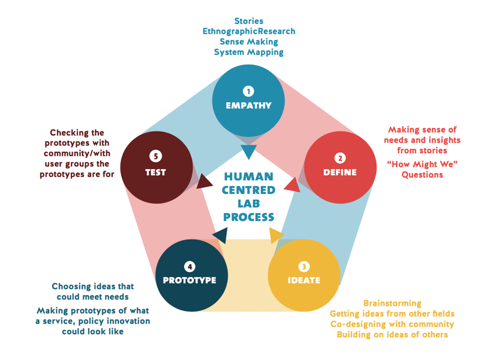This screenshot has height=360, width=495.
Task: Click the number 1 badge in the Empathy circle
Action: (248, 90)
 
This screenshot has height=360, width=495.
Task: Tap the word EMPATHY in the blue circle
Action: (248, 105)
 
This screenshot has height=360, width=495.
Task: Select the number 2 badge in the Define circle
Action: (339, 158)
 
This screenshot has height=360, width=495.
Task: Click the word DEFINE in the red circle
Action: (340, 172)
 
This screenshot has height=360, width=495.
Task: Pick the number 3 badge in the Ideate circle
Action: (303, 266)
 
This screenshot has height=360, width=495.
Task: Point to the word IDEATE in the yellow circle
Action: (304, 280)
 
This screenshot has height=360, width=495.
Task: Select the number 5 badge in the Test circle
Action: (156, 157)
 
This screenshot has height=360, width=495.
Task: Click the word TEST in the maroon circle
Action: (156, 172)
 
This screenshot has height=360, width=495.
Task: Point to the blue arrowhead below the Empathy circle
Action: (248, 152)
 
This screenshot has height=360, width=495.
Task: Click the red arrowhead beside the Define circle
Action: (292, 184)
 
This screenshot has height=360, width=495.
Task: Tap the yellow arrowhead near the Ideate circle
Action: (276, 236)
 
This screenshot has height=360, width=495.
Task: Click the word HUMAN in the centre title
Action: (248, 176)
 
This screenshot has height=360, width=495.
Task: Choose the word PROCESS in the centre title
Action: (248, 217)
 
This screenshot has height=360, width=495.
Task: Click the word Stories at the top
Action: (248, 21)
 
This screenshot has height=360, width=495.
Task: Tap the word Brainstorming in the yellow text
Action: (392, 303)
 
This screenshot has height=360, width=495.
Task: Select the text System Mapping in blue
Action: (248, 52)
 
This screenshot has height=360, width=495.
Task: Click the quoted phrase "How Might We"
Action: (422, 164)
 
